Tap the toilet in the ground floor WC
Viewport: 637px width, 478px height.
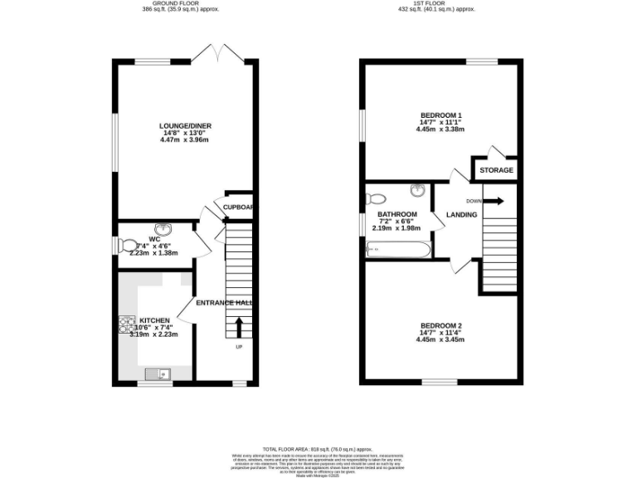(129, 245)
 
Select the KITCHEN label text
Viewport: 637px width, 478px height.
(154, 320)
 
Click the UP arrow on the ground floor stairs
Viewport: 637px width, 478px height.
(240, 325)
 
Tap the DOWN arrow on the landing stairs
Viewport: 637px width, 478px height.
(495, 200)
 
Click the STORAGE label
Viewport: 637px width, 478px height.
(496, 170)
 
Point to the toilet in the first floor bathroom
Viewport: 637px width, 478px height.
(376, 199)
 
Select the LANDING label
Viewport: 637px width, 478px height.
(461, 215)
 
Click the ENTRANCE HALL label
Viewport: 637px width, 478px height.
(224, 303)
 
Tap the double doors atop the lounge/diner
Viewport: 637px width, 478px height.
(208, 52)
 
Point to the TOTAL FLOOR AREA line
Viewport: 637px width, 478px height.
(317, 447)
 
